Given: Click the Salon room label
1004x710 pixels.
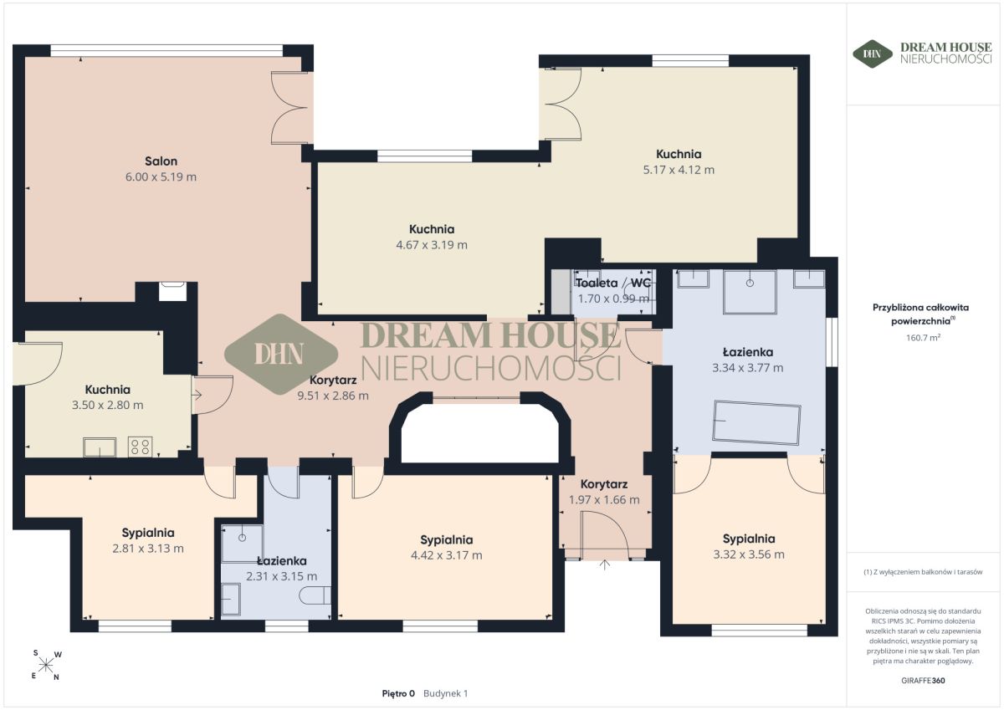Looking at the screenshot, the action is (x=161, y=161).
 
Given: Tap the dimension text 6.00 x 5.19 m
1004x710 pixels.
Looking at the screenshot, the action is (x=161, y=177).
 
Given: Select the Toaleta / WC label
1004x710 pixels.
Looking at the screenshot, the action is (x=612, y=283).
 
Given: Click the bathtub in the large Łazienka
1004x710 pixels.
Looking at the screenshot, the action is (x=756, y=422).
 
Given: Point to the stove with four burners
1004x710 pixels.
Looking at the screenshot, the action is (x=140, y=447).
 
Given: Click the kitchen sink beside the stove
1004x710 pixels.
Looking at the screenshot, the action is (x=100, y=447).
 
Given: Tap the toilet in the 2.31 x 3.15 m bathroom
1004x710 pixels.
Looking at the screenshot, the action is (x=315, y=595).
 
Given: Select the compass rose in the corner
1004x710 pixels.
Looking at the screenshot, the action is (x=46, y=665).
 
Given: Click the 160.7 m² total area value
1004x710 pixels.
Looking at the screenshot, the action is (x=923, y=338).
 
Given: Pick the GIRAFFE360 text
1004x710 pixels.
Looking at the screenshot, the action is (x=923, y=681).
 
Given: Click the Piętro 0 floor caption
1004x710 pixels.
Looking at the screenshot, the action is (x=398, y=693).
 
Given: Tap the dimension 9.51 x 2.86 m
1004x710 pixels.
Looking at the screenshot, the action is (x=333, y=396).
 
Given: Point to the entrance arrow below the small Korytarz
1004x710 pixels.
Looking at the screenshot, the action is (x=605, y=564).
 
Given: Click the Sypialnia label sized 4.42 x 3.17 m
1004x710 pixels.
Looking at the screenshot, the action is (x=447, y=539).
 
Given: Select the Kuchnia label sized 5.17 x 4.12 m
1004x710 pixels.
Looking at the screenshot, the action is (x=679, y=154).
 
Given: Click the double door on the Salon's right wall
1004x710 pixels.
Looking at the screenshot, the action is (x=292, y=108).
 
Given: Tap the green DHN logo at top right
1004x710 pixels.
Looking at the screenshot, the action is (x=872, y=54).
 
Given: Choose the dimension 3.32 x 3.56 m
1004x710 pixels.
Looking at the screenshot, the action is (x=749, y=554).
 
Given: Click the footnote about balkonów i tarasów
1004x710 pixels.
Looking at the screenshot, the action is (x=923, y=572).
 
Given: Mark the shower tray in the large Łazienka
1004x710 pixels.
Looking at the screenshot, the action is (x=750, y=292).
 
